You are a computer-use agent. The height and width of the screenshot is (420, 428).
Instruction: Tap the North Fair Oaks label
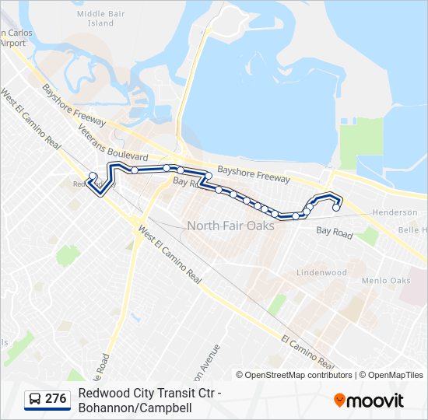(230, 226)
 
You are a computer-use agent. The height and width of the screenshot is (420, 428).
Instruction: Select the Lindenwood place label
(321, 273)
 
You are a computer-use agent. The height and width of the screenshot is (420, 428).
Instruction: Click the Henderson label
(395, 212)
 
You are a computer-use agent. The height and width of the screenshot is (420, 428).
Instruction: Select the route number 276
(55, 399)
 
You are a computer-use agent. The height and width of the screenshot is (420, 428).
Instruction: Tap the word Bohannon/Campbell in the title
(135, 407)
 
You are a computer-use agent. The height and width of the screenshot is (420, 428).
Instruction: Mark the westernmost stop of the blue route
(93, 176)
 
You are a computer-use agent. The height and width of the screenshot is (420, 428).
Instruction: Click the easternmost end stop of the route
(336, 208)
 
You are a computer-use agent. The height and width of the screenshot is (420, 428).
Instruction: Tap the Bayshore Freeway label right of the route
(253, 173)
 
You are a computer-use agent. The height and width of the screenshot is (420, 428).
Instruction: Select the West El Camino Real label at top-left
(30, 121)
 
